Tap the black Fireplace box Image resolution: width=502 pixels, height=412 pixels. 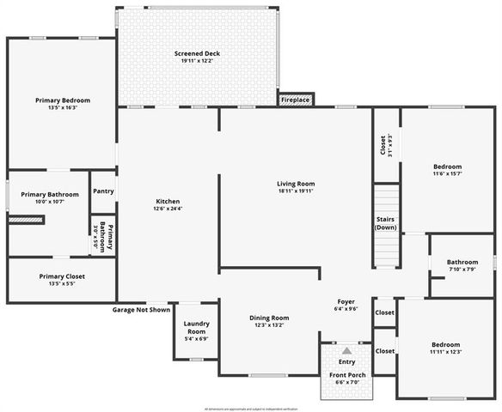(295, 100)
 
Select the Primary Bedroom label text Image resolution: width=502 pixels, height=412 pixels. (63, 100)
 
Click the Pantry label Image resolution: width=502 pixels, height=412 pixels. (103, 191)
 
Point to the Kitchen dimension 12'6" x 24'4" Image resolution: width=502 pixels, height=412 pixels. (167, 209)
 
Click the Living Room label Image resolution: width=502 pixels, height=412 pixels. (296, 184)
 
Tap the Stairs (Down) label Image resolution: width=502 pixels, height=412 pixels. (386, 223)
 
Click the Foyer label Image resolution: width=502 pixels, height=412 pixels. (346, 302)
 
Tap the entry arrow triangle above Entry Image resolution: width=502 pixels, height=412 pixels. (346, 351)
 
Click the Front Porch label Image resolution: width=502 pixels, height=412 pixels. (346, 375)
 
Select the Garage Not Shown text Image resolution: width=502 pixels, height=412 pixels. (141, 310)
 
